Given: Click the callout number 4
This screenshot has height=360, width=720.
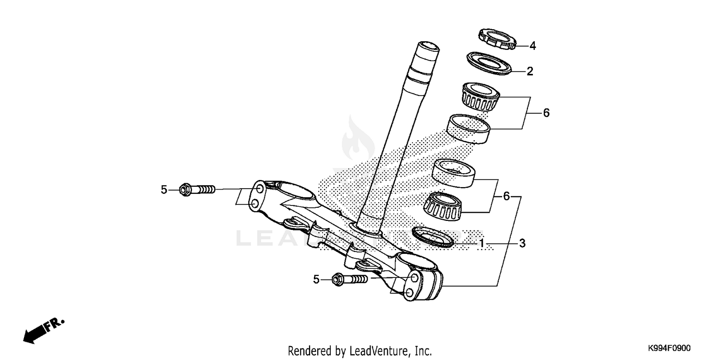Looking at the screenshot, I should click(x=532, y=46).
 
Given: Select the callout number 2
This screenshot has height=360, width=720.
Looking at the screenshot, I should click(x=529, y=72).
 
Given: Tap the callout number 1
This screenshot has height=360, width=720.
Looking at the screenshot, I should click(x=481, y=244).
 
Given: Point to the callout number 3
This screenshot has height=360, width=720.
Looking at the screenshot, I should click(x=522, y=243).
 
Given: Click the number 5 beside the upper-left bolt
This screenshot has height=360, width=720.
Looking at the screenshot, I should click(x=164, y=190).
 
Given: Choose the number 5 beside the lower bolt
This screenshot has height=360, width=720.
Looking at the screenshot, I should click(x=316, y=279).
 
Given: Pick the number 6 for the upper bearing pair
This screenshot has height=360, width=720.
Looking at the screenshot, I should click(x=546, y=113).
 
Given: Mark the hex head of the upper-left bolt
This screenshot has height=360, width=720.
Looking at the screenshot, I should click(x=184, y=190).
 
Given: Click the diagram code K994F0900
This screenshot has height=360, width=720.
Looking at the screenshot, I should click(x=670, y=348).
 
